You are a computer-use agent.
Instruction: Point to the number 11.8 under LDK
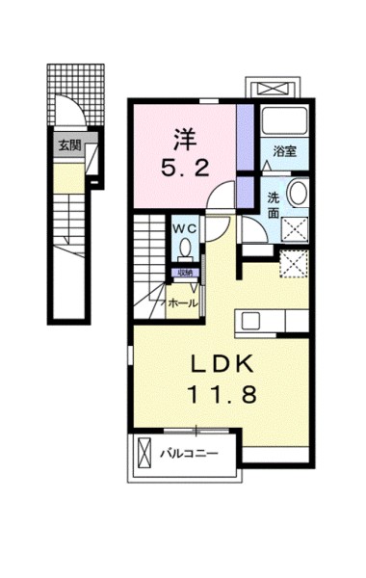coord(229,395)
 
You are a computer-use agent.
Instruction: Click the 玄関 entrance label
coord(68,146)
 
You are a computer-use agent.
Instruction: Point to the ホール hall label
coord(183,303)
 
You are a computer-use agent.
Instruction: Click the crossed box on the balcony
coord(145,453)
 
